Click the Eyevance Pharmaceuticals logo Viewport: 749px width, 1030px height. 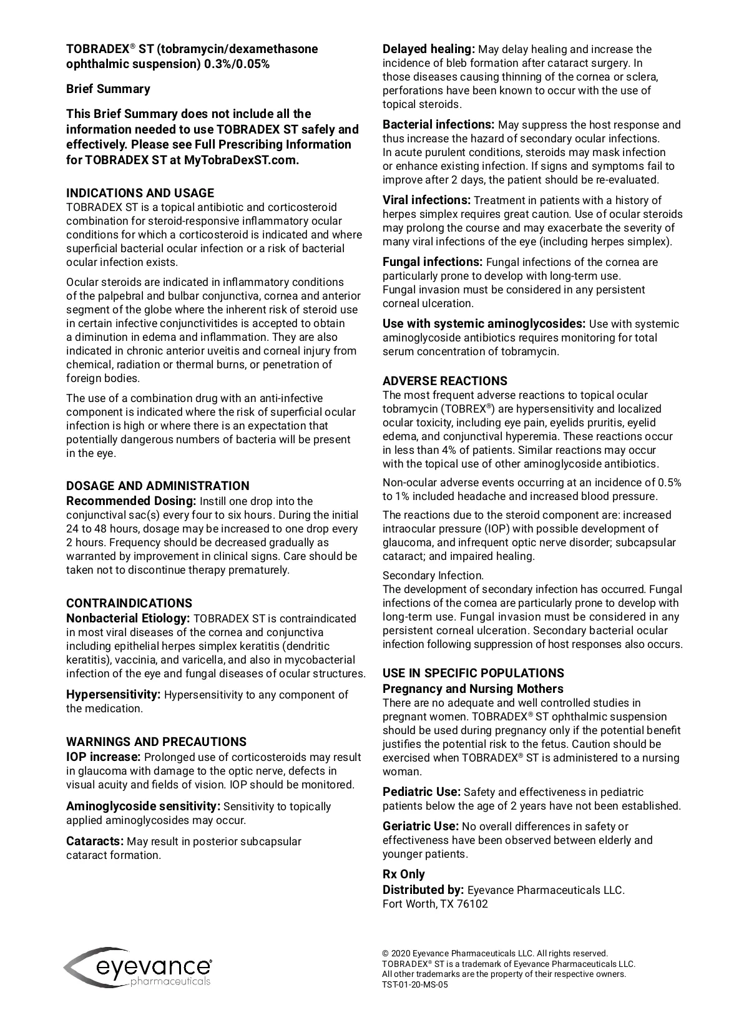pos(138,968)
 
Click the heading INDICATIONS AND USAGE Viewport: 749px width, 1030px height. pos(140,193)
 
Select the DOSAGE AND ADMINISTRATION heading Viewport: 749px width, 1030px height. pos(157,486)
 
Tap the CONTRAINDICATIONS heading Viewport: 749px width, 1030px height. pos(129,603)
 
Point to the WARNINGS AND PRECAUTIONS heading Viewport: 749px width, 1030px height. pos(156,742)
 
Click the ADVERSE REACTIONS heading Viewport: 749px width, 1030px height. pos(444,381)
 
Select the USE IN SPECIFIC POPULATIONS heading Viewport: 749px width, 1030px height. pos(473,673)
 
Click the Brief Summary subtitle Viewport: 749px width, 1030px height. pos(108,89)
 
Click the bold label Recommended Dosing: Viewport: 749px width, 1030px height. pos(131,501)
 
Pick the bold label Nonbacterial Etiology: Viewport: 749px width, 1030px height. pos(128,619)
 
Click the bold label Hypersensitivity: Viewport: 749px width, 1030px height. pos(114,695)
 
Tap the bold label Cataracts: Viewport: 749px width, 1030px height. pos(95,841)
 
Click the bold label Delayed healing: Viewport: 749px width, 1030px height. pos(429,49)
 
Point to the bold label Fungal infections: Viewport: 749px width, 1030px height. pos(432,262)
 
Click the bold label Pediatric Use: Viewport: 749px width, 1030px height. pos(421,792)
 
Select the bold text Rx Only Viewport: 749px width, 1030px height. pos(403,874)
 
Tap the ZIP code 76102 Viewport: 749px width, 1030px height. pos(474,904)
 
